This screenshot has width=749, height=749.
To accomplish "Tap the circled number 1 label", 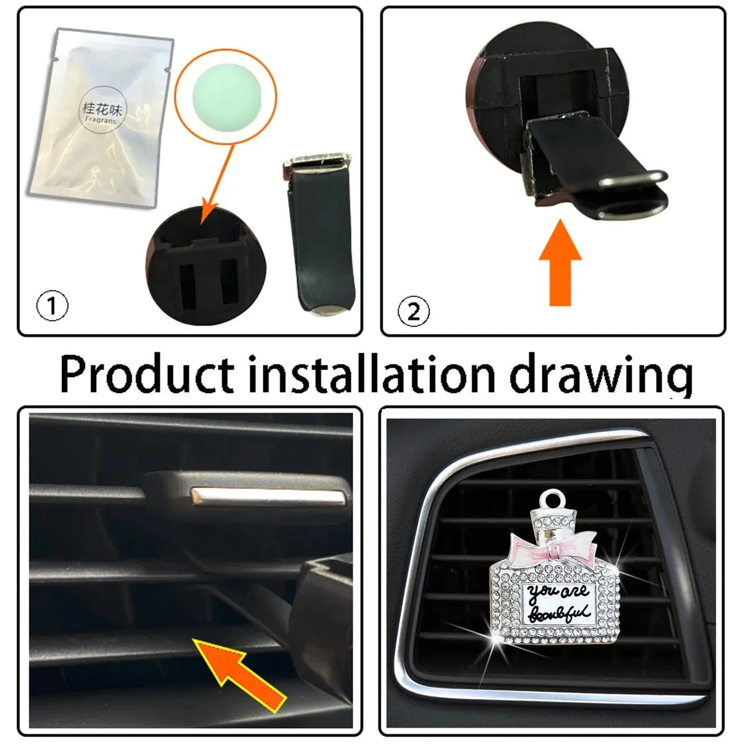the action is click(x=52, y=305).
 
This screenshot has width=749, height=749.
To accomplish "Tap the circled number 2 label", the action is click(x=414, y=311).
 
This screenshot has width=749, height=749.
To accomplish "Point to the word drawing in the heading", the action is click(x=600, y=375).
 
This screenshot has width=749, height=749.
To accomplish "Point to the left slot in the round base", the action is click(x=188, y=287).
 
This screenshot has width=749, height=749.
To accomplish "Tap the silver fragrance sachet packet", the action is click(x=102, y=117).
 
